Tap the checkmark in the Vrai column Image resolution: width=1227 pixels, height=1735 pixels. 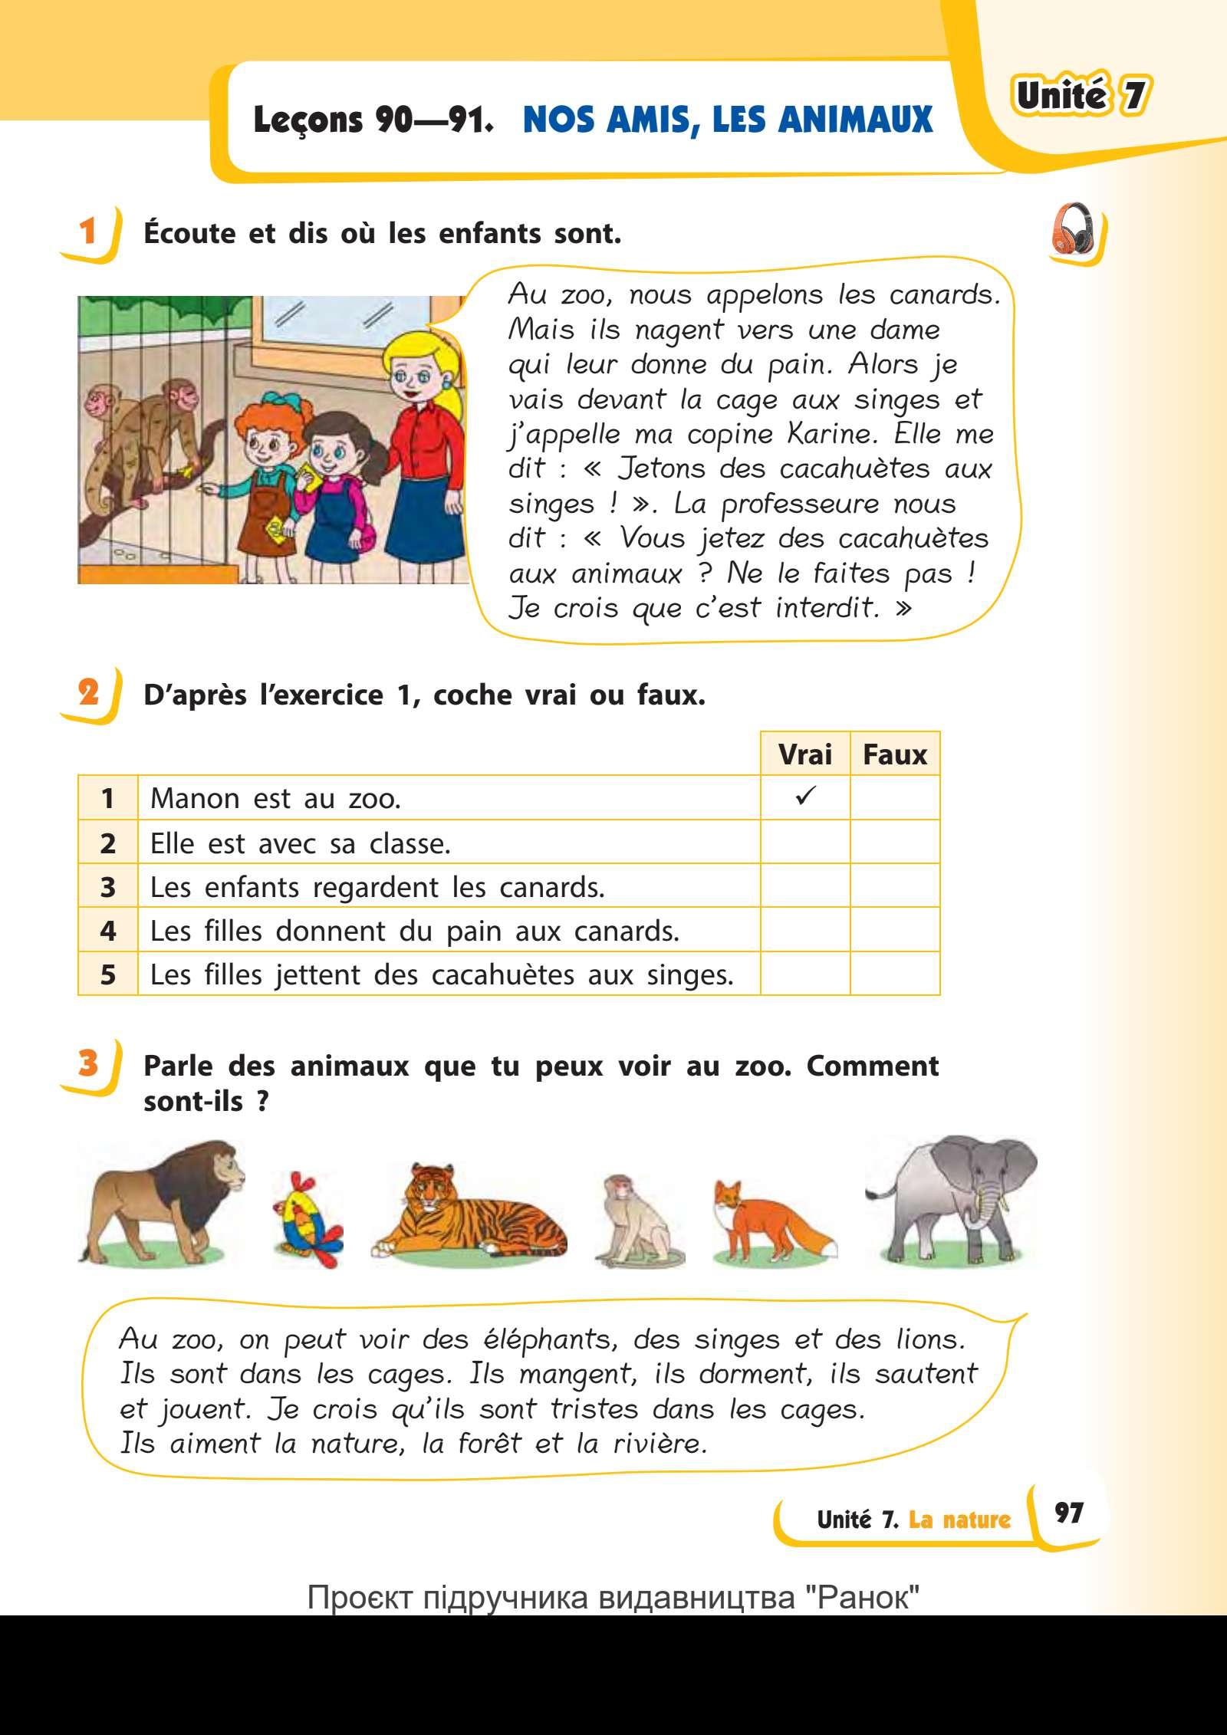tap(804, 797)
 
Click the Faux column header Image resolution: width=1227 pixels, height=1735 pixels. tap(894, 754)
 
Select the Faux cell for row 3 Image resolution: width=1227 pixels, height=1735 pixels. tap(894, 886)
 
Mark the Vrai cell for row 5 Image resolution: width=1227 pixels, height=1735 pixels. tap(804, 974)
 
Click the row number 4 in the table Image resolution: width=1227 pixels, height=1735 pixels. tap(108, 931)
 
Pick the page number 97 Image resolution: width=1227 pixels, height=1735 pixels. tap(1068, 1511)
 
